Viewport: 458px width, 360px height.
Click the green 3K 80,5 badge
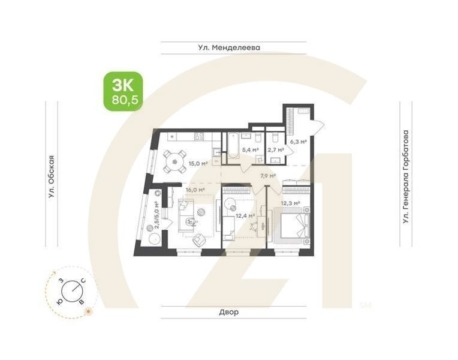coord(123,91)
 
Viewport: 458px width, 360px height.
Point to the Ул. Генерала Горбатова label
coord(406,177)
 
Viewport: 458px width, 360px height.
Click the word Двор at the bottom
coord(228,313)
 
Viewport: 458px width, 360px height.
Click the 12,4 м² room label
coord(245,215)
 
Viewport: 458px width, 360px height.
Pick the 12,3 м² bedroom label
coord(290,203)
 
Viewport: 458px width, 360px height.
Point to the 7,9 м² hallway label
coord(267,176)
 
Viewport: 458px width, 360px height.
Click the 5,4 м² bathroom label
coord(250,150)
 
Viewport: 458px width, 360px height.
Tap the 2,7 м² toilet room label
coord(275,150)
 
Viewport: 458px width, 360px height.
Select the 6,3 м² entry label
coord(299,142)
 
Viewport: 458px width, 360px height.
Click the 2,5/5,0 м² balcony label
coord(157,215)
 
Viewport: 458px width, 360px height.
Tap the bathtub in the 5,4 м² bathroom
coord(231,147)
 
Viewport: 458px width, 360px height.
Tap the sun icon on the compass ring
coord(89,311)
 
